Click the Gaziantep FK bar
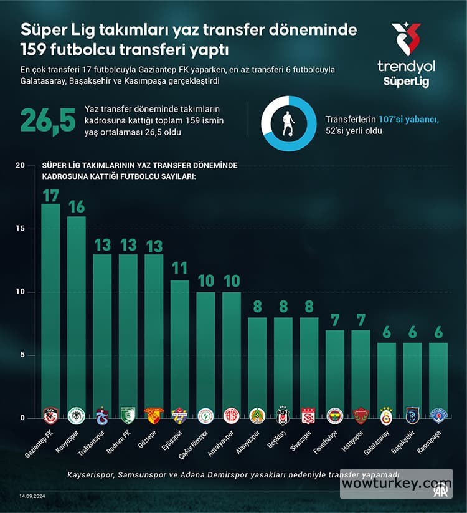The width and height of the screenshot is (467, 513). pos(50,312)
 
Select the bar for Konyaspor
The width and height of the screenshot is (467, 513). pos(77,318)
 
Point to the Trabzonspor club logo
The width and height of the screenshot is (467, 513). pos(102,416)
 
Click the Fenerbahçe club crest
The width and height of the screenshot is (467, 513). pos(335,416)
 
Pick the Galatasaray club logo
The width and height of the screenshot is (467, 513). pos(387,416)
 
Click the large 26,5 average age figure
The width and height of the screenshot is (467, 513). pos(48,120)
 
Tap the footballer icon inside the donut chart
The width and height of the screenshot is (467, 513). pos(287,123)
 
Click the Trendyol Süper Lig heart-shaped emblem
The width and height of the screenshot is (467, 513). pos(405,40)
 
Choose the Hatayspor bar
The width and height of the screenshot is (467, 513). pos(361,374)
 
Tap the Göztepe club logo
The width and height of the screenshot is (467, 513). pos(154,416)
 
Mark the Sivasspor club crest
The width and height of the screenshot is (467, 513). pos(309,416)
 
